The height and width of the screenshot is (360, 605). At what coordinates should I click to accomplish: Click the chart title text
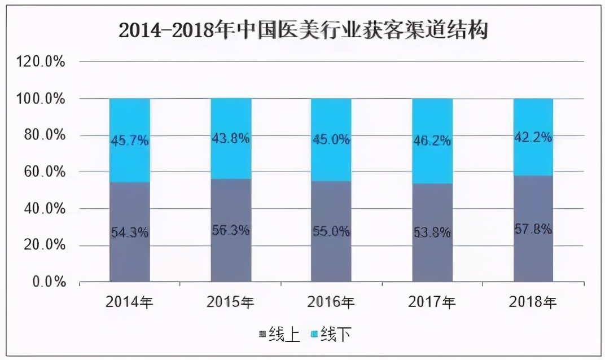(x=303, y=30)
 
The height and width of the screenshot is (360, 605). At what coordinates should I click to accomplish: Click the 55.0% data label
(x=331, y=231)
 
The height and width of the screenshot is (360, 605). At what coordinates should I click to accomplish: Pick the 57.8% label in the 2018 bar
(x=533, y=229)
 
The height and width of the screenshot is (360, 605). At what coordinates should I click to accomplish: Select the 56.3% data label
(x=230, y=231)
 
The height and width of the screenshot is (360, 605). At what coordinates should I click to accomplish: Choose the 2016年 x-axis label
(x=331, y=302)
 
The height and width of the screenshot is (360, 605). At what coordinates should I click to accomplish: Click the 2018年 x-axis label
(x=533, y=302)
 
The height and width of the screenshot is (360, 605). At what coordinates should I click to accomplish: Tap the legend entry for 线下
(x=331, y=335)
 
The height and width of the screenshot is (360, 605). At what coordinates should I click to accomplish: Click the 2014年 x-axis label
(x=129, y=302)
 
